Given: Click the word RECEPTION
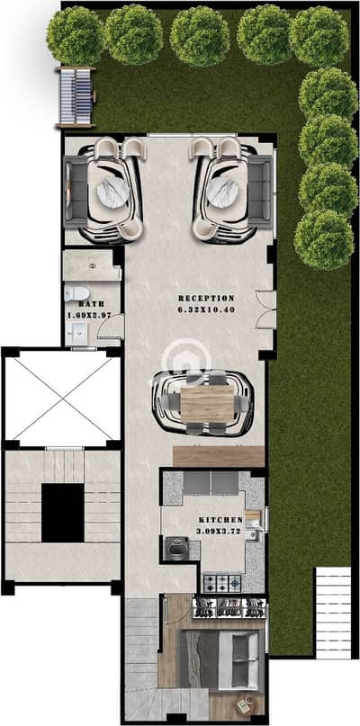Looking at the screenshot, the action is [x=206, y=298].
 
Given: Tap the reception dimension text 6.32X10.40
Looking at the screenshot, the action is [x=206, y=309].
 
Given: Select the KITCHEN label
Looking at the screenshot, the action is [x=220, y=520].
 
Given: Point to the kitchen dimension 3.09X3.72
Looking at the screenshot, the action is [x=220, y=531].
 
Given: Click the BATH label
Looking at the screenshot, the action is [x=91, y=304].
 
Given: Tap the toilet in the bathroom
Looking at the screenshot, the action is [x=76, y=293].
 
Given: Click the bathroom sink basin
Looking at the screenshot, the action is [x=76, y=333].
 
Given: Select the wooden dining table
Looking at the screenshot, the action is [x=207, y=403].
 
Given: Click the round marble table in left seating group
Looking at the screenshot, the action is [x=112, y=193].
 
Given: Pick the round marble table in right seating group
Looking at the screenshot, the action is [x=222, y=193].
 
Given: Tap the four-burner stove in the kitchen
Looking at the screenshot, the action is [x=222, y=583].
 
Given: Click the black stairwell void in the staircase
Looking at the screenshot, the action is [x=63, y=513].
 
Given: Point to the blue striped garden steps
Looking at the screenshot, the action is [x=76, y=97].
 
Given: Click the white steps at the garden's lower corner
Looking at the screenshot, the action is [x=333, y=612].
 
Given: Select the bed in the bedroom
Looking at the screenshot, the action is [x=219, y=659].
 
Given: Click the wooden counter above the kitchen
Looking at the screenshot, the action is [x=219, y=456].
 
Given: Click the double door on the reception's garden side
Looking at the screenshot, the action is [x=266, y=309].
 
